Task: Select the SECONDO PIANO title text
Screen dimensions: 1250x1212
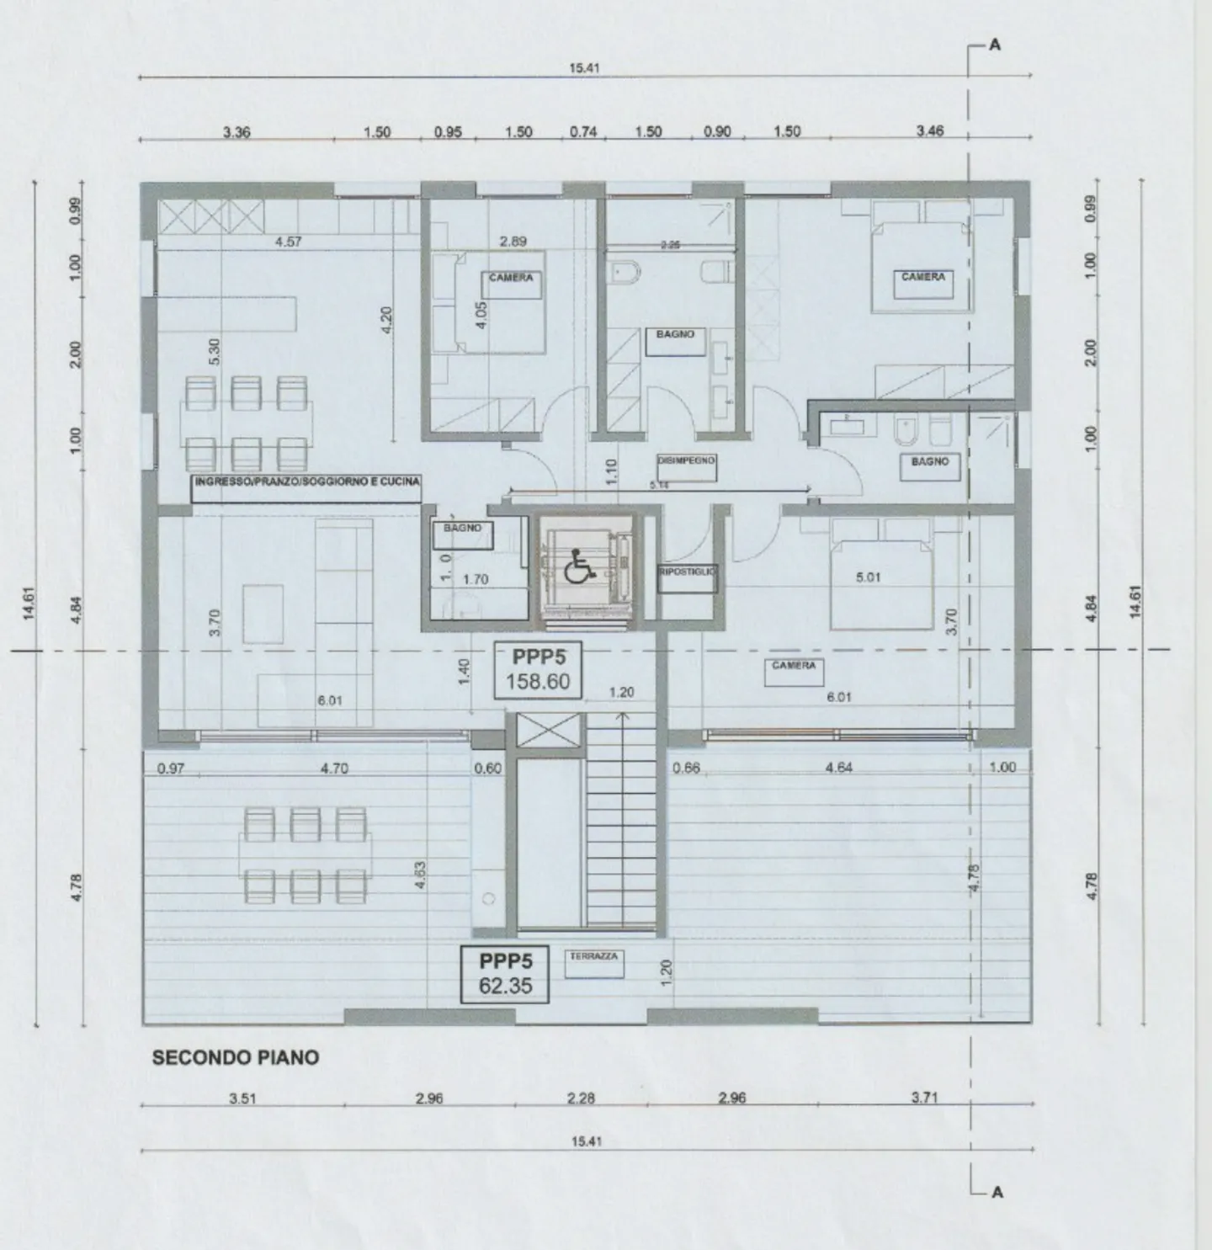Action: click(236, 1058)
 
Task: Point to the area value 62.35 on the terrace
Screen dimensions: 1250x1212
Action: click(505, 986)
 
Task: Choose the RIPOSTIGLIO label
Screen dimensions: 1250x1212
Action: click(687, 572)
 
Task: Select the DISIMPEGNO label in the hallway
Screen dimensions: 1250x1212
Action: click(687, 460)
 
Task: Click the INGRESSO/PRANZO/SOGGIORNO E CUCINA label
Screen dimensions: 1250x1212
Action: click(306, 481)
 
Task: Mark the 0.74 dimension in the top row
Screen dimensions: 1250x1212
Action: click(583, 131)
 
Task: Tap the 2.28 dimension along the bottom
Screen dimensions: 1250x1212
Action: click(581, 1098)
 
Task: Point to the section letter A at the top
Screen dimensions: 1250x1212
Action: click(995, 45)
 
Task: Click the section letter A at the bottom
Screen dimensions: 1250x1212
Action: click(997, 1192)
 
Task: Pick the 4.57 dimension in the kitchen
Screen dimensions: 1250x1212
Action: click(288, 242)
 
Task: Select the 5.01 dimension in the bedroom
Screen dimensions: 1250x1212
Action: click(867, 577)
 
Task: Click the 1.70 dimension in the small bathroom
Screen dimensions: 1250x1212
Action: click(476, 579)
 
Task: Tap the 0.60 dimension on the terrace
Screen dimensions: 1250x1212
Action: click(487, 768)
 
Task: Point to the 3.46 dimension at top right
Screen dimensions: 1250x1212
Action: click(930, 131)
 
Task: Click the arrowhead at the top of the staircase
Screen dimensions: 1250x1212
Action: click(621, 715)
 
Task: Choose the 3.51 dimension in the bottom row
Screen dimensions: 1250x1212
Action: click(242, 1098)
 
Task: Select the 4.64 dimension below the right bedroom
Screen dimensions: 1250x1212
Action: click(839, 768)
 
